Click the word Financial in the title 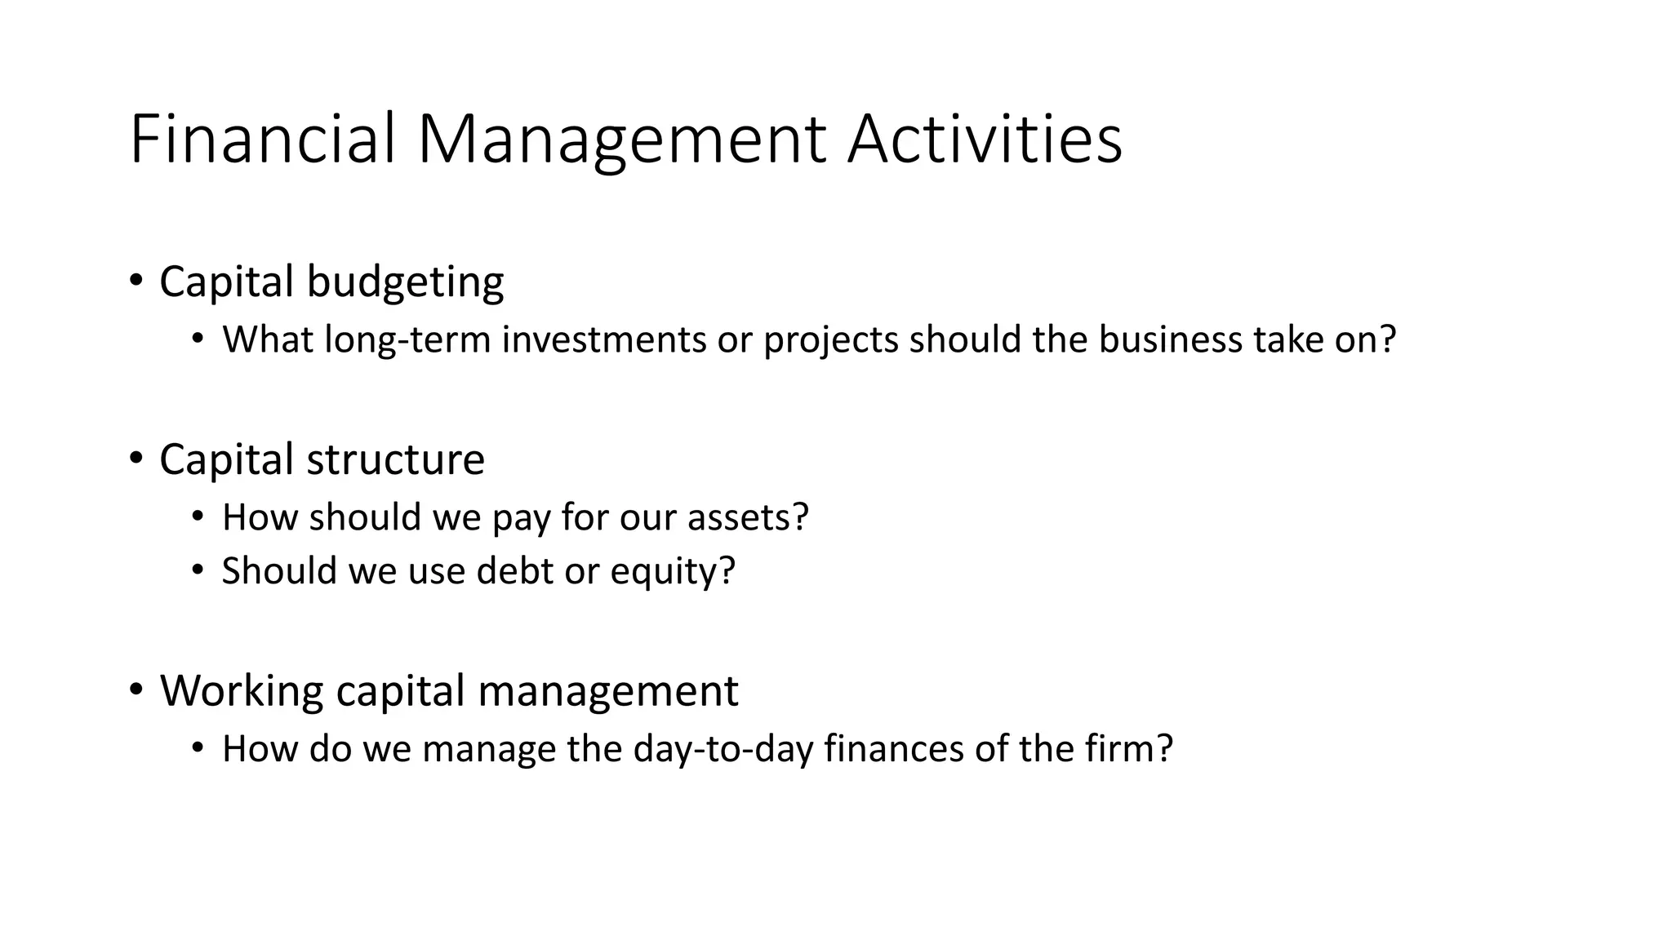click(263, 139)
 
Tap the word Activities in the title click(985, 139)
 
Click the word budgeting click(405, 282)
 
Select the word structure click(395, 459)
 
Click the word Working click(242, 691)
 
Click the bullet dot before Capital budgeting click(136, 282)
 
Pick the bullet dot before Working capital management click(136, 690)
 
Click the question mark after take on click(1387, 339)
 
